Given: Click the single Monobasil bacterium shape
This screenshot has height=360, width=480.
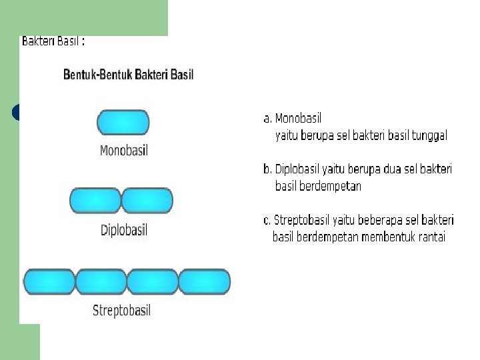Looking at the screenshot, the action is click(123, 123).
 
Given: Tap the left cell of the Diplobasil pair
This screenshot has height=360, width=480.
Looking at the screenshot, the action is click(95, 201).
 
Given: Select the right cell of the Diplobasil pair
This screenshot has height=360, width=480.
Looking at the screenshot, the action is click(147, 201).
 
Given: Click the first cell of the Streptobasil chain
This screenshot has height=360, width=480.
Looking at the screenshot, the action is click(49, 281).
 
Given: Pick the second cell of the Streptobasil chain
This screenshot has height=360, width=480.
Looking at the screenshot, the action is click(101, 281).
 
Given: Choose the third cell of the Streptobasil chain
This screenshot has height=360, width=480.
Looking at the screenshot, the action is click(152, 281).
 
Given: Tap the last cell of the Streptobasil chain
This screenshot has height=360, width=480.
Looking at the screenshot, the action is click(204, 281).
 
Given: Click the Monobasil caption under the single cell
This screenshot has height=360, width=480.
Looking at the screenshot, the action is click(123, 151).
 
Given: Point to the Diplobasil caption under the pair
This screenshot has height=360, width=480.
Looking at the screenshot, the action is click(123, 231).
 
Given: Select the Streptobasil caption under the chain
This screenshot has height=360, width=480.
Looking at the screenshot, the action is click(121, 311).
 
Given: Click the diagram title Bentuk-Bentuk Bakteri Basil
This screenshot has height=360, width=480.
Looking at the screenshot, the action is click(128, 74).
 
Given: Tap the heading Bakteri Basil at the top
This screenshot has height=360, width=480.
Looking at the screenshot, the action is click(53, 41).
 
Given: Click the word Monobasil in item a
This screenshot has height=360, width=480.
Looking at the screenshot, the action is click(298, 119).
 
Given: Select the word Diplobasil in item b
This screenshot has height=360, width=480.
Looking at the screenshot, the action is click(301, 169).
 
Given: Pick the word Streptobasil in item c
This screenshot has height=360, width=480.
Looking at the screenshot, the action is click(305, 220).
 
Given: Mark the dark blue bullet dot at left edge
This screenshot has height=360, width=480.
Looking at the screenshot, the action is click(17, 113).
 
